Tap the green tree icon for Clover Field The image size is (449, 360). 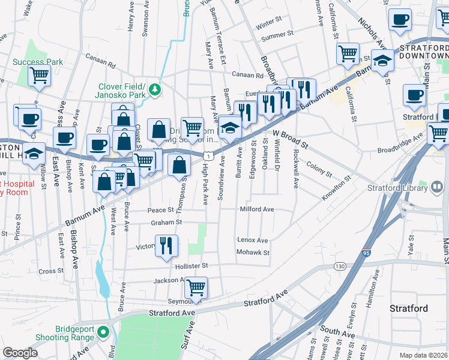155,89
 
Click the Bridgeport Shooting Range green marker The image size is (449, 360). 103,332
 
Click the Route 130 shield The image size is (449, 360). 340,266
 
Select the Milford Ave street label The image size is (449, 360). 257,209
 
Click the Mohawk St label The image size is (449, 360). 253,253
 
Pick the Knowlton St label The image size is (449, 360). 336,187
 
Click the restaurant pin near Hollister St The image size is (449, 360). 166,246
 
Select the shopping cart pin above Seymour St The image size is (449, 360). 196,289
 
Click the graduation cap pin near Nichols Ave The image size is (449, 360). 382,61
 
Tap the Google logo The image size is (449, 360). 20,352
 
